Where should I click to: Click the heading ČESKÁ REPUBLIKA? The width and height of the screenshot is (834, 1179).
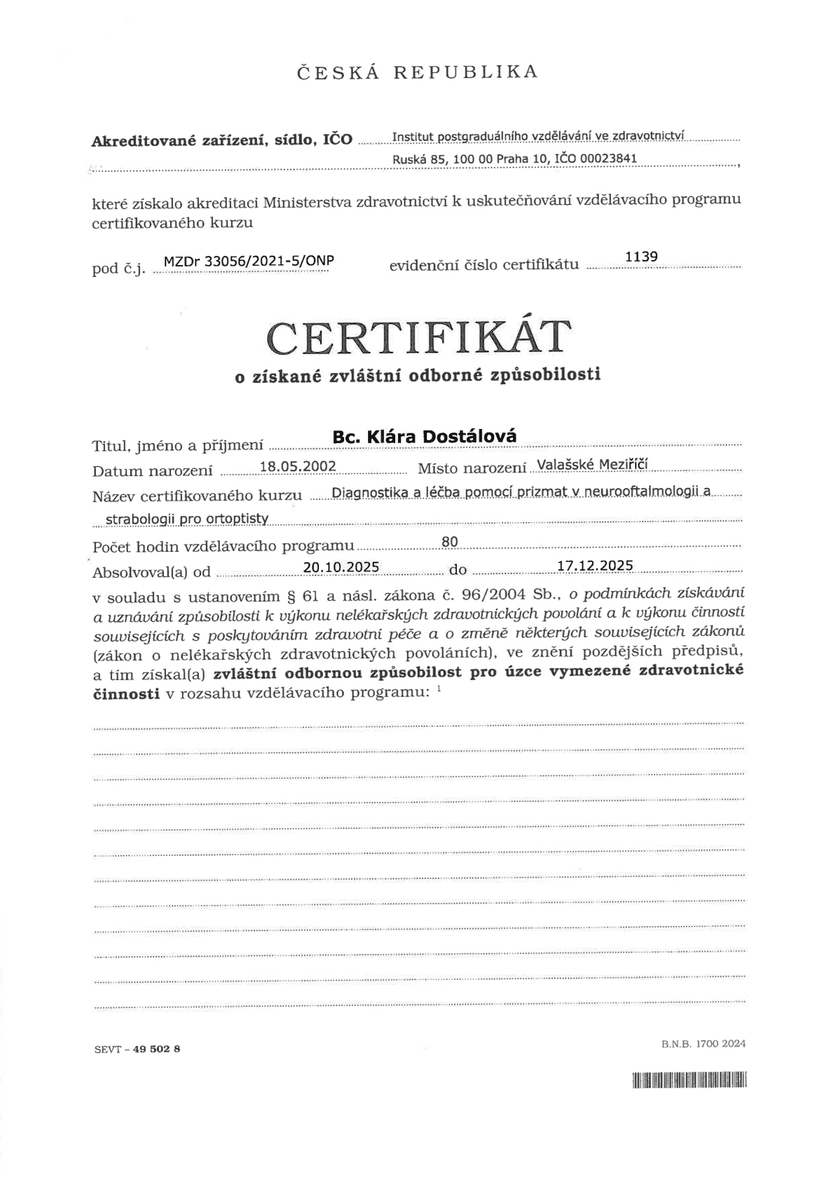(x=417, y=71)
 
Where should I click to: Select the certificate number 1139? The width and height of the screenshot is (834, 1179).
(x=641, y=257)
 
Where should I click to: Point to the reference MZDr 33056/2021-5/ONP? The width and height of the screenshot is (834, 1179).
(x=248, y=261)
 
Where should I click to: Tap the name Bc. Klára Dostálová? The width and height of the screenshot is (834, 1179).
(x=425, y=436)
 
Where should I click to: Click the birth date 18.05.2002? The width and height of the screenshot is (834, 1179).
(x=298, y=467)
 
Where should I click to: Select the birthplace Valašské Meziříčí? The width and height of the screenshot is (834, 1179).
(x=592, y=465)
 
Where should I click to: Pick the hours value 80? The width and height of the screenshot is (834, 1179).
(x=450, y=541)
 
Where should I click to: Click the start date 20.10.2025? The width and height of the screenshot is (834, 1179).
(x=341, y=566)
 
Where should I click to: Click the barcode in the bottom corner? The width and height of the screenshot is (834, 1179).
(x=689, y=1080)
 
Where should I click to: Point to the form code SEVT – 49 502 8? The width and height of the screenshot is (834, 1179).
(x=137, y=1049)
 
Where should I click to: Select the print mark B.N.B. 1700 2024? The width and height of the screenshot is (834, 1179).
(x=703, y=1044)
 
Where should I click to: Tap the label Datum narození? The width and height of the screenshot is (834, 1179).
(x=152, y=471)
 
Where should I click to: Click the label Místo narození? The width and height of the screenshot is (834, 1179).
(x=472, y=468)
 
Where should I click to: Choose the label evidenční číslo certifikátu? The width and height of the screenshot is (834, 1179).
(x=484, y=264)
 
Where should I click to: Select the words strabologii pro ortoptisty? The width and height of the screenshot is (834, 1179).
(x=187, y=519)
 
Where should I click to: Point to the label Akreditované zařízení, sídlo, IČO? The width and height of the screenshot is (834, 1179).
(x=222, y=139)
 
